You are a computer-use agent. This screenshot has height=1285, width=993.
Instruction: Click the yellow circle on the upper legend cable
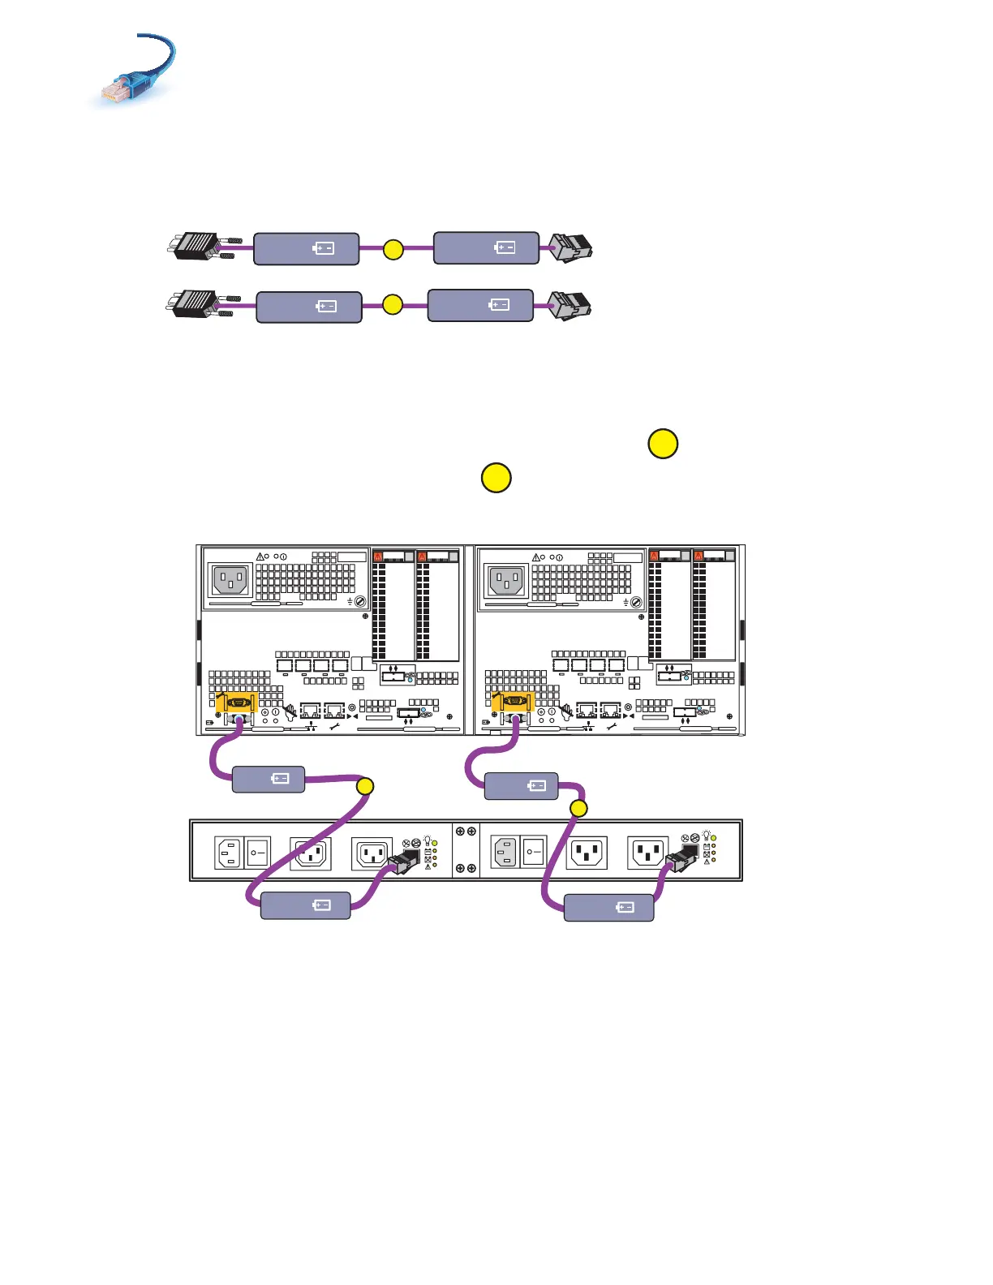(x=393, y=249)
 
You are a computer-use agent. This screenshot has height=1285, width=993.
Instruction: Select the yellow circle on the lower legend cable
(x=393, y=305)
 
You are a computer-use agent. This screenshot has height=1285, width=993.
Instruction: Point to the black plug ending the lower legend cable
(x=570, y=306)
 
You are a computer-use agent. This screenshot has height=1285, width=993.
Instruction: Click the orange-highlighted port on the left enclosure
(x=237, y=703)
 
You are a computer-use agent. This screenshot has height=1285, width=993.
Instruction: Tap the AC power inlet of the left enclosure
(x=230, y=581)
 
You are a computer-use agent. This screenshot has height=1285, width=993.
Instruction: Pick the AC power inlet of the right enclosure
(x=506, y=581)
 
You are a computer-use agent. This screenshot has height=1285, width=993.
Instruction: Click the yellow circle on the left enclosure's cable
(x=365, y=785)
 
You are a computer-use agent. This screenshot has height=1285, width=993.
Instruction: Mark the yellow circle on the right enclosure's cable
(x=578, y=808)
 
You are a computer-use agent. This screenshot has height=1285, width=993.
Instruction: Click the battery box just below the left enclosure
(x=269, y=779)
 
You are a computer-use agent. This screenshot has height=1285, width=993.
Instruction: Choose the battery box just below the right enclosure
(x=521, y=786)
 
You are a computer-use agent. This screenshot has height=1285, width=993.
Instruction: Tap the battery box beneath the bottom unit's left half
(x=305, y=905)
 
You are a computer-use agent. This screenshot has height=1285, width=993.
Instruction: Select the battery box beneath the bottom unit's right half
(x=608, y=907)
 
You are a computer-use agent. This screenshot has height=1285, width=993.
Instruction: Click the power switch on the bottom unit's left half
(x=257, y=853)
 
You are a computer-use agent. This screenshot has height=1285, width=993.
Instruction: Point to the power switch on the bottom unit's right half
(x=533, y=853)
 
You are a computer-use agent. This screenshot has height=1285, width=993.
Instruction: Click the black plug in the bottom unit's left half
(x=405, y=862)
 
